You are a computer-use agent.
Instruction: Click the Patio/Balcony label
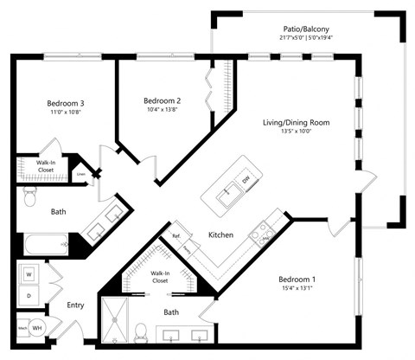point(306,28)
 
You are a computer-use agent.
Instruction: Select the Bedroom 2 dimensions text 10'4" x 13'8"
point(162,110)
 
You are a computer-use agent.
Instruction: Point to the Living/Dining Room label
point(296,122)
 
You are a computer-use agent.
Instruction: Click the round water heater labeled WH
point(38,328)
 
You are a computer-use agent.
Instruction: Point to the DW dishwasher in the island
point(245,179)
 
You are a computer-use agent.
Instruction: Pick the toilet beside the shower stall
point(141,330)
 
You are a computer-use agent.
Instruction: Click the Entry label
point(75,305)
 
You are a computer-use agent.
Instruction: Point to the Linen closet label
point(80,172)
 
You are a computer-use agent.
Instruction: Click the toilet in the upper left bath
point(29,200)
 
